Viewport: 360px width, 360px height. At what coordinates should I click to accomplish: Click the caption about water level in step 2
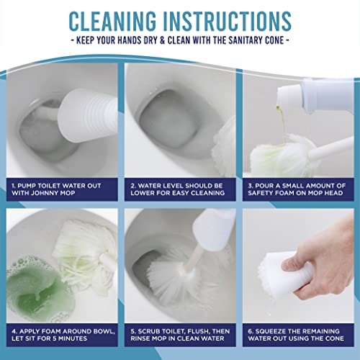179,189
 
